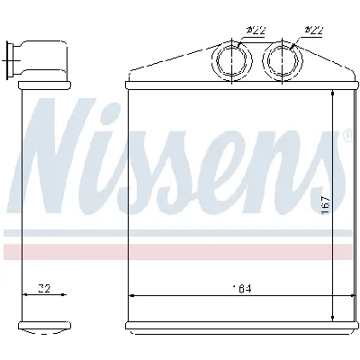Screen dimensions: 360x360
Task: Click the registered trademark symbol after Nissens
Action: [x=347, y=135]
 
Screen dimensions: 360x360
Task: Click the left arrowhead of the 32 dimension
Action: [x=23, y=295]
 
